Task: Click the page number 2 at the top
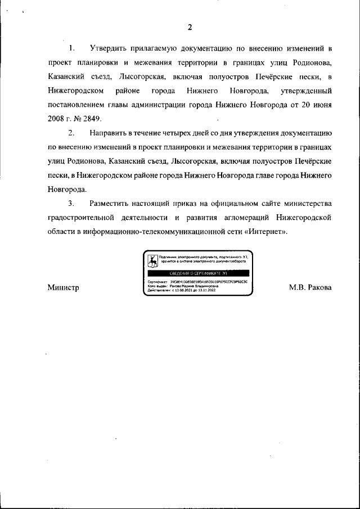pyautogui.click(x=190, y=27)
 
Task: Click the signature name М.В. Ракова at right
pyautogui.click(x=310, y=287)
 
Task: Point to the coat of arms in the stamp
pyautogui.click(x=152, y=260)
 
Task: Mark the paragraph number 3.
pyautogui.click(x=71, y=202)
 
